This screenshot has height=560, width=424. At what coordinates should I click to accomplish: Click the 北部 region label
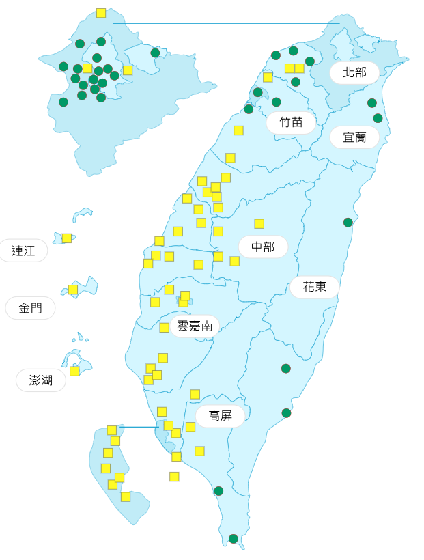[354, 72]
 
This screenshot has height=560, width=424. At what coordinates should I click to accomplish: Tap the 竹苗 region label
[291, 122]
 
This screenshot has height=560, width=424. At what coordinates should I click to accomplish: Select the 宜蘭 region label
[354, 137]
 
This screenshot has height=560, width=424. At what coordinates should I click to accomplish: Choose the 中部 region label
[263, 247]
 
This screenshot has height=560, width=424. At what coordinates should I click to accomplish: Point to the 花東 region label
[315, 287]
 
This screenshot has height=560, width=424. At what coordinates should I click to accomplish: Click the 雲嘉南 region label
[195, 326]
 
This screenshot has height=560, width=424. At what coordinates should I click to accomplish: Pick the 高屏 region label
[220, 416]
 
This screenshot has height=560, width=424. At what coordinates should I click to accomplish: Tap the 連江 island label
[23, 251]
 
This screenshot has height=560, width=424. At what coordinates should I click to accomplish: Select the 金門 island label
[30, 308]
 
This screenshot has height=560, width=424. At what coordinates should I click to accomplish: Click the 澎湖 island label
[41, 380]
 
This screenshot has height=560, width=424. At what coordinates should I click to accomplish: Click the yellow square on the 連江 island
[67, 238]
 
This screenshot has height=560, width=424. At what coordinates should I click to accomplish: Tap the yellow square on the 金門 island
[73, 290]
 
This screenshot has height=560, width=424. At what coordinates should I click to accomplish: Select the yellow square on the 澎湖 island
[74, 371]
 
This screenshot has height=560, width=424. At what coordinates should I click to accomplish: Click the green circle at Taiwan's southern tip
[234, 539]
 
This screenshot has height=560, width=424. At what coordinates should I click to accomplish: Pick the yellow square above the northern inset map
[101, 13]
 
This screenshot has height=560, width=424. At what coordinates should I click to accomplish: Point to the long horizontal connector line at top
[225, 23]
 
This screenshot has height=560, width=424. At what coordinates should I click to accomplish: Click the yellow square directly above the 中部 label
[259, 223]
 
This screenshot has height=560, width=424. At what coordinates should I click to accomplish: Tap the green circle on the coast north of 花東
[348, 222]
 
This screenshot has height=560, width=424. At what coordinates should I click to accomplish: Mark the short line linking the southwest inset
[139, 427]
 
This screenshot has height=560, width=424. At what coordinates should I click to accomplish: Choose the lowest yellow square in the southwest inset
[126, 496]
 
